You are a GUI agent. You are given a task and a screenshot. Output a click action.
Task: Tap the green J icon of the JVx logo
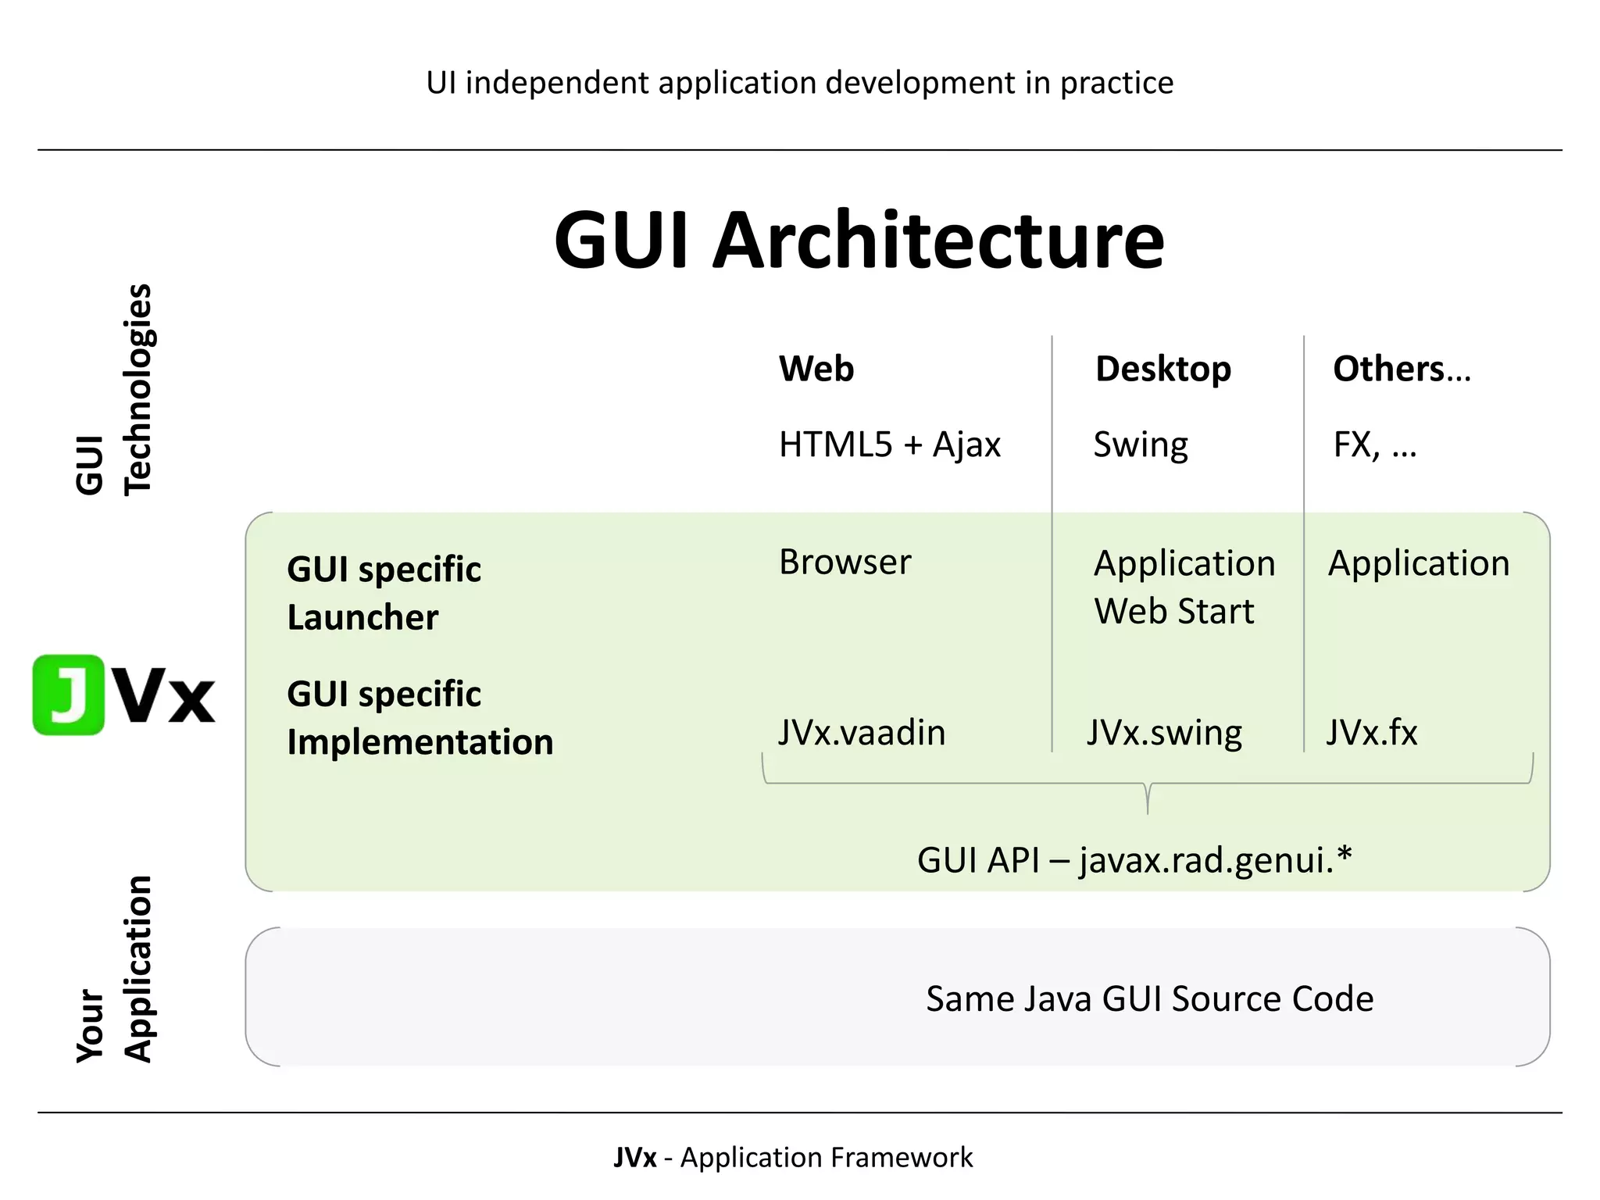tap(69, 695)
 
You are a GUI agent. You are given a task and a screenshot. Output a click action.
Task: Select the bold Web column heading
tap(816, 369)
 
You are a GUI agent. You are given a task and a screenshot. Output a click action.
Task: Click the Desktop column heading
tap(1162, 369)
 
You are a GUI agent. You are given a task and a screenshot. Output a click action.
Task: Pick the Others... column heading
tap(1401, 369)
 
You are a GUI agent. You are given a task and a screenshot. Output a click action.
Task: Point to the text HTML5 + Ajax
tap(889, 445)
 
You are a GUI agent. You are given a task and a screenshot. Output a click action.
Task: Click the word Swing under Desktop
tap(1140, 445)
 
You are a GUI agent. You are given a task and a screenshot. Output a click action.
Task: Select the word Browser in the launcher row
tap(845, 562)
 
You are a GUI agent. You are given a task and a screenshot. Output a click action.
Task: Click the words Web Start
tap(1173, 611)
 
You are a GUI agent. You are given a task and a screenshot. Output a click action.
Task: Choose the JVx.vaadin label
tap(862, 733)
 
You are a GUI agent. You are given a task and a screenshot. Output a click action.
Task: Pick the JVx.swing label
tap(1164, 733)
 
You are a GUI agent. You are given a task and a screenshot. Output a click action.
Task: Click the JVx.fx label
tap(1371, 733)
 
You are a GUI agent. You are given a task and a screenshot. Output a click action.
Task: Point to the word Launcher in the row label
tap(362, 617)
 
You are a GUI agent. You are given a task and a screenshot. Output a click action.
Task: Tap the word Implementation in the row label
tap(420, 741)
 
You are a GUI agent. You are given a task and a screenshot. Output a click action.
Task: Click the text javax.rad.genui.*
tap(1216, 860)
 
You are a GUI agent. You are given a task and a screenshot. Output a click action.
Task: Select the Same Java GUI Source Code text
tap(1149, 998)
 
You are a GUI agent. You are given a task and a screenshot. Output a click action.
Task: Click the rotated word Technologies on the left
tap(138, 389)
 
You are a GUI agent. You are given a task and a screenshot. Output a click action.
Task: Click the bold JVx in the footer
tap(634, 1157)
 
